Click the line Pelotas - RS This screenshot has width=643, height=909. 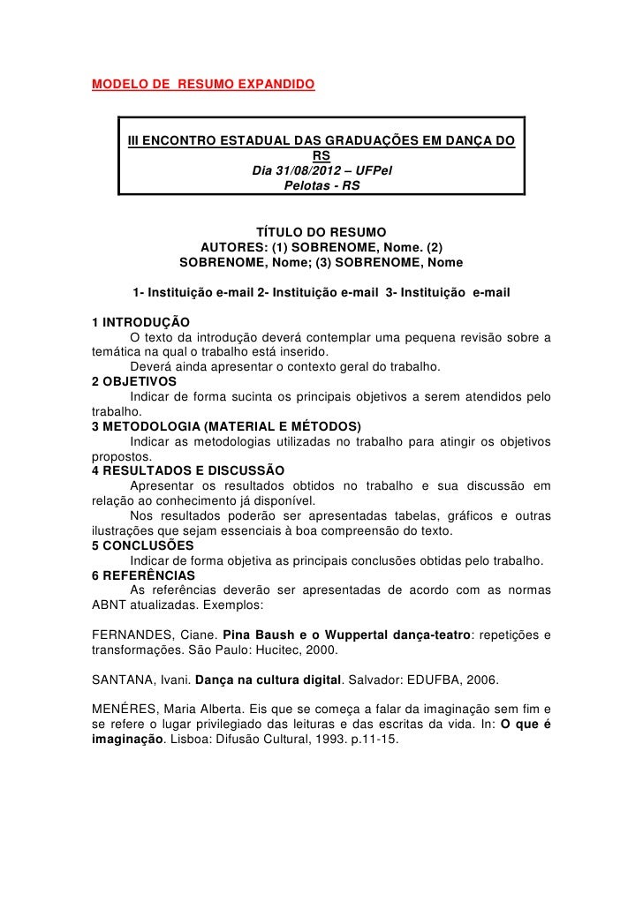(x=321, y=185)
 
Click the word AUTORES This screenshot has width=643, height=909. (x=233, y=247)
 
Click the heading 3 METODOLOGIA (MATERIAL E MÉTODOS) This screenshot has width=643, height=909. (x=227, y=426)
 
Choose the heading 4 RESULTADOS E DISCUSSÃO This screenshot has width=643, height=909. (x=188, y=471)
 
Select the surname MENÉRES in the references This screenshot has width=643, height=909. (x=125, y=711)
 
